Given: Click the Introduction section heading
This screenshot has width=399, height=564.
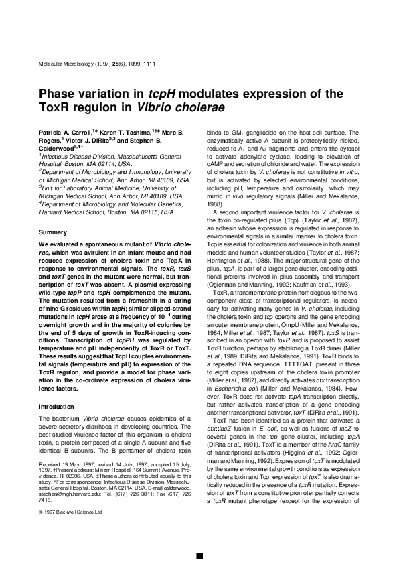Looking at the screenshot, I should click(55, 406).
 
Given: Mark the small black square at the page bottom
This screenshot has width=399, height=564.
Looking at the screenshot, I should click(199, 555).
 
